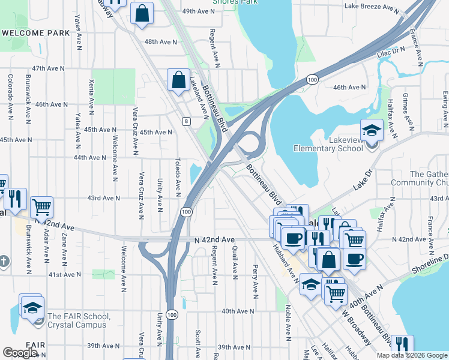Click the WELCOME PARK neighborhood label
(x=36, y=33)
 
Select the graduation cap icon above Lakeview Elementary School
(x=372, y=130)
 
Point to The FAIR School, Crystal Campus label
(x=79, y=320)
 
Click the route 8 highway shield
(x=187, y=121)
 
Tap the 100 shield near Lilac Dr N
(x=312, y=79)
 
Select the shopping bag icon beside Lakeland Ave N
(x=179, y=80)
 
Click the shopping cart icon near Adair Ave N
(x=42, y=207)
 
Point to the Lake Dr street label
(x=363, y=179)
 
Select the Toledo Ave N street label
(x=178, y=177)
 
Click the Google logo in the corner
(x=20, y=352)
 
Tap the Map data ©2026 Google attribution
(x=412, y=355)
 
